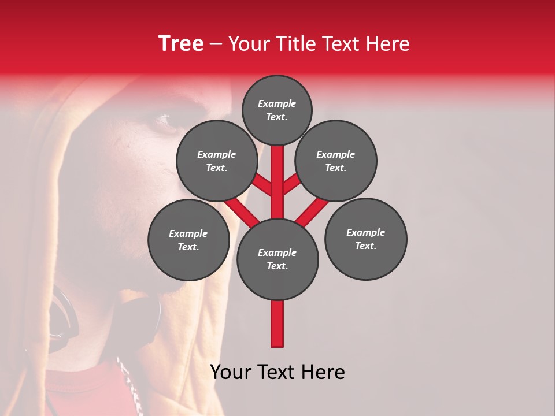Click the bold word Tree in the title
(x=181, y=44)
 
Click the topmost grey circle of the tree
(x=277, y=110)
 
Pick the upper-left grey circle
(x=217, y=161)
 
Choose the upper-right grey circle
(x=336, y=161)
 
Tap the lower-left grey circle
(x=188, y=240)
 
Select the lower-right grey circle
(x=366, y=239)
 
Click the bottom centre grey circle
(x=277, y=259)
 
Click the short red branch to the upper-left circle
(x=262, y=185)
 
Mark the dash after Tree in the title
(x=216, y=44)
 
